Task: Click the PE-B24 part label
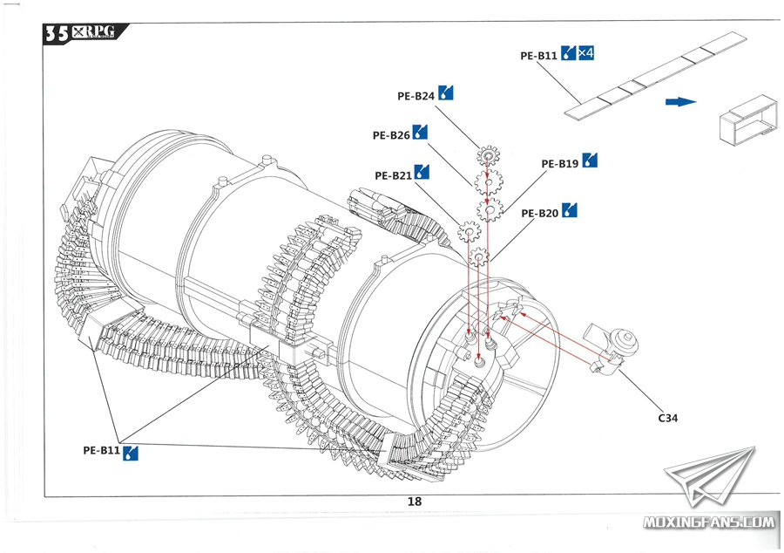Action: pyautogui.click(x=416, y=95)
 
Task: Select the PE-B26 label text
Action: pyautogui.click(x=390, y=135)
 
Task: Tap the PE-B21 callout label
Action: pyautogui.click(x=393, y=175)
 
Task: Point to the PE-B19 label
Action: pyautogui.click(x=559, y=163)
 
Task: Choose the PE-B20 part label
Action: pyautogui.click(x=539, y=213)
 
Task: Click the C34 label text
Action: pyautogui.click(x=668, y=419)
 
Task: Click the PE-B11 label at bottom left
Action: pyautogui.click(x=101, y=450)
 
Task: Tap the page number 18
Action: pyautogui.click(x=414, y=502)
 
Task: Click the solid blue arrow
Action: pyautogui.click(x=680, y=102)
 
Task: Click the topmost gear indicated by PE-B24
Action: pyautogui.click(x=488, y=157)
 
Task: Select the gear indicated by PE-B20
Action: pyautogui.click(x=479, y=257)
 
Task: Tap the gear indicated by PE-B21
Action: pyautogui.click(x=469, y=233)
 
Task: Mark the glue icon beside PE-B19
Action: pyautogui.click(x=591, y=160)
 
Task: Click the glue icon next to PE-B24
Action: pyautogui.click(x=447, y=92)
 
